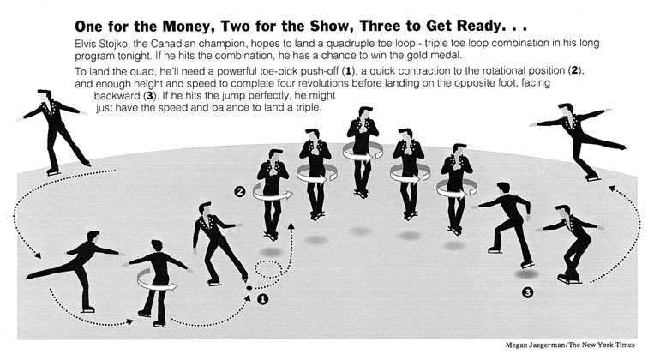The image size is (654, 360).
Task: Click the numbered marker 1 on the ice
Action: point(262,299)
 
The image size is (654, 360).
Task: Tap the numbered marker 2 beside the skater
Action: point(240,192)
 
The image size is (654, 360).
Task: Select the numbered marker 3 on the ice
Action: point(527,293)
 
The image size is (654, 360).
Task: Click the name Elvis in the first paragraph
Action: point(86,44)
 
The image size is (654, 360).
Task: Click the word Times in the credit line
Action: point(625,345)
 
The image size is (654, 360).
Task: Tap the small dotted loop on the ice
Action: point(268,269)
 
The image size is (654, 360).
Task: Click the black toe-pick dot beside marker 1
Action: point(249,288)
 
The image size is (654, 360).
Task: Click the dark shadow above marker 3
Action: point(525,273)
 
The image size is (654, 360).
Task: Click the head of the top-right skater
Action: point(567,110)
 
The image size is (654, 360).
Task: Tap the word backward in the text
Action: point(117,95)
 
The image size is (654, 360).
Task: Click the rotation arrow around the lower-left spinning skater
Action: point(156,280)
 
